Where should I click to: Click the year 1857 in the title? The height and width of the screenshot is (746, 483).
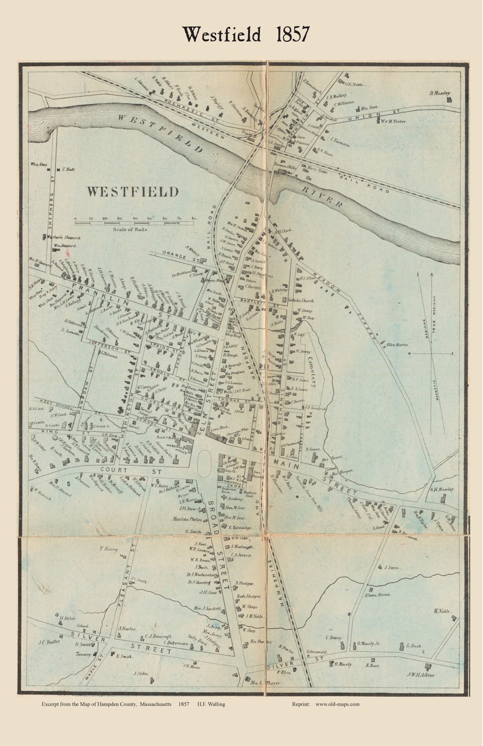[292, 34]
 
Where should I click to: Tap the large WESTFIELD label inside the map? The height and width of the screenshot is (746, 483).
[132, 192]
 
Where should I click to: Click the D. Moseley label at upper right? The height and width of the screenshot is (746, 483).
[440, 93]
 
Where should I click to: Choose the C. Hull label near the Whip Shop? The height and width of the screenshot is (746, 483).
[68, 169]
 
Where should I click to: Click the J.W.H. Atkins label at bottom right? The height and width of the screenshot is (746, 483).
[420, 675]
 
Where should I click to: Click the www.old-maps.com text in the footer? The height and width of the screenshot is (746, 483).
[338, 704]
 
